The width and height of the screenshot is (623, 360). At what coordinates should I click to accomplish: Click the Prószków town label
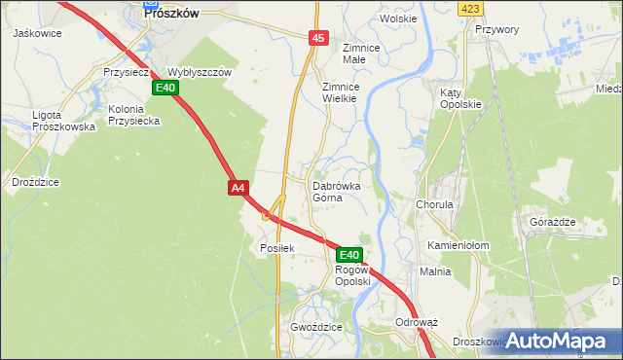pyautogui.click(x=171, y=14)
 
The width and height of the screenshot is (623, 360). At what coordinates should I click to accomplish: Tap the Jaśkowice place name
pyautogui.click(x=37, y=33)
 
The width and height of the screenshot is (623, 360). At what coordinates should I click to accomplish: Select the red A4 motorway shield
pyautogui.click(x=239, y=187)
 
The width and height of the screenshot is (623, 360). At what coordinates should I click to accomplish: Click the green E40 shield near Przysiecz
pyautogui.click(x=165, y=88)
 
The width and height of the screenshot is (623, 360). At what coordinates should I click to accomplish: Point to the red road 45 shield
pyautogui.click(x=318, y=37)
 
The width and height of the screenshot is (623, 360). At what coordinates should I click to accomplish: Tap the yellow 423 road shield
pyautogui.click(x=471, y=8)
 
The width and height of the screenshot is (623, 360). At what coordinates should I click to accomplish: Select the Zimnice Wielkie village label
pyautogui.click(x=342, y=92)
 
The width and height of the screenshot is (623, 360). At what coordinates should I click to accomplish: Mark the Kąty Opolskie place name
pyautogui.click(x=460, y=98)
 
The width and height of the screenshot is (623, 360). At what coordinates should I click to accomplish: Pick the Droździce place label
pyautogui.click(x=35, y=182)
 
